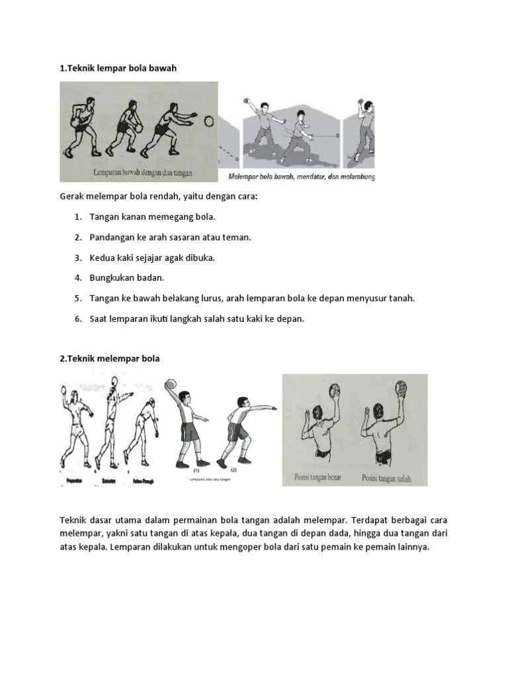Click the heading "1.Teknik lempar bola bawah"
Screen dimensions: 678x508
118,69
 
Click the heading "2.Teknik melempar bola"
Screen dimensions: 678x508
110,358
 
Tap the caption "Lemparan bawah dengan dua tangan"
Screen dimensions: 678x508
142,173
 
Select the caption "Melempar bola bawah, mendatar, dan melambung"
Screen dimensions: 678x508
301,177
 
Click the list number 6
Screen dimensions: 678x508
77,318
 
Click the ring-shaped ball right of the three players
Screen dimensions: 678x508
208,122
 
